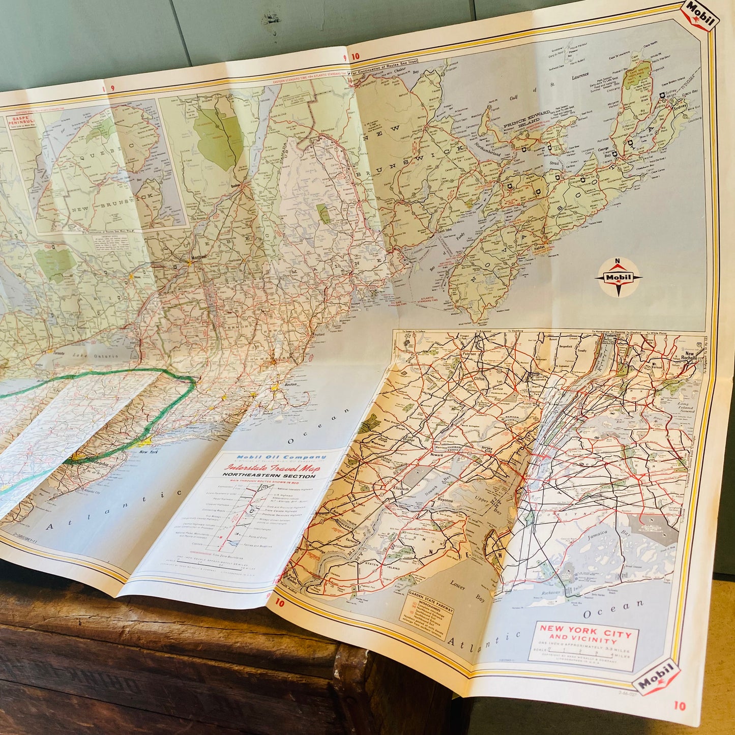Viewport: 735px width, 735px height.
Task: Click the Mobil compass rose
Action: (618, 277)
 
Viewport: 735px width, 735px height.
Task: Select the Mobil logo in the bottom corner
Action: (657, 676)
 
